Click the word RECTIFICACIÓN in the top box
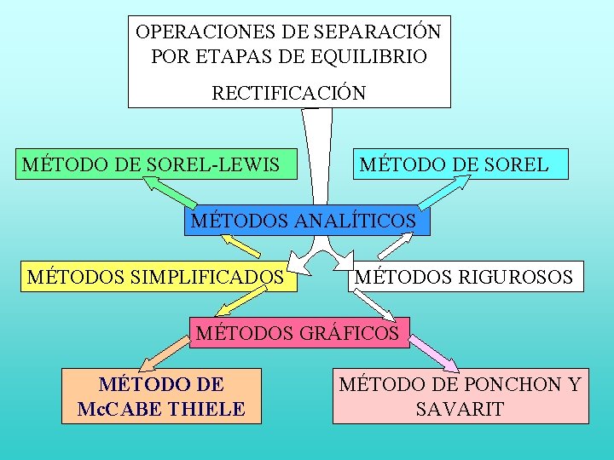tap(288, 93)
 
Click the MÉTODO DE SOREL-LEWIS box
tap(157, 164)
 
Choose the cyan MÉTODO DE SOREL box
tap(460, 164)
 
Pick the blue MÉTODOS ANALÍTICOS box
tap(307, 221)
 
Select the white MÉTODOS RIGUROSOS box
tap(465, 276)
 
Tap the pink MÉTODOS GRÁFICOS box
tap(298, 332)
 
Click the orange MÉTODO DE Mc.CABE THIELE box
tap(161, 396)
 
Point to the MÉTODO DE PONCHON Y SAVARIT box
tap(460, 396)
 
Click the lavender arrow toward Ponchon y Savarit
tap(440, 354)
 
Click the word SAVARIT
tap(460, 409)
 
